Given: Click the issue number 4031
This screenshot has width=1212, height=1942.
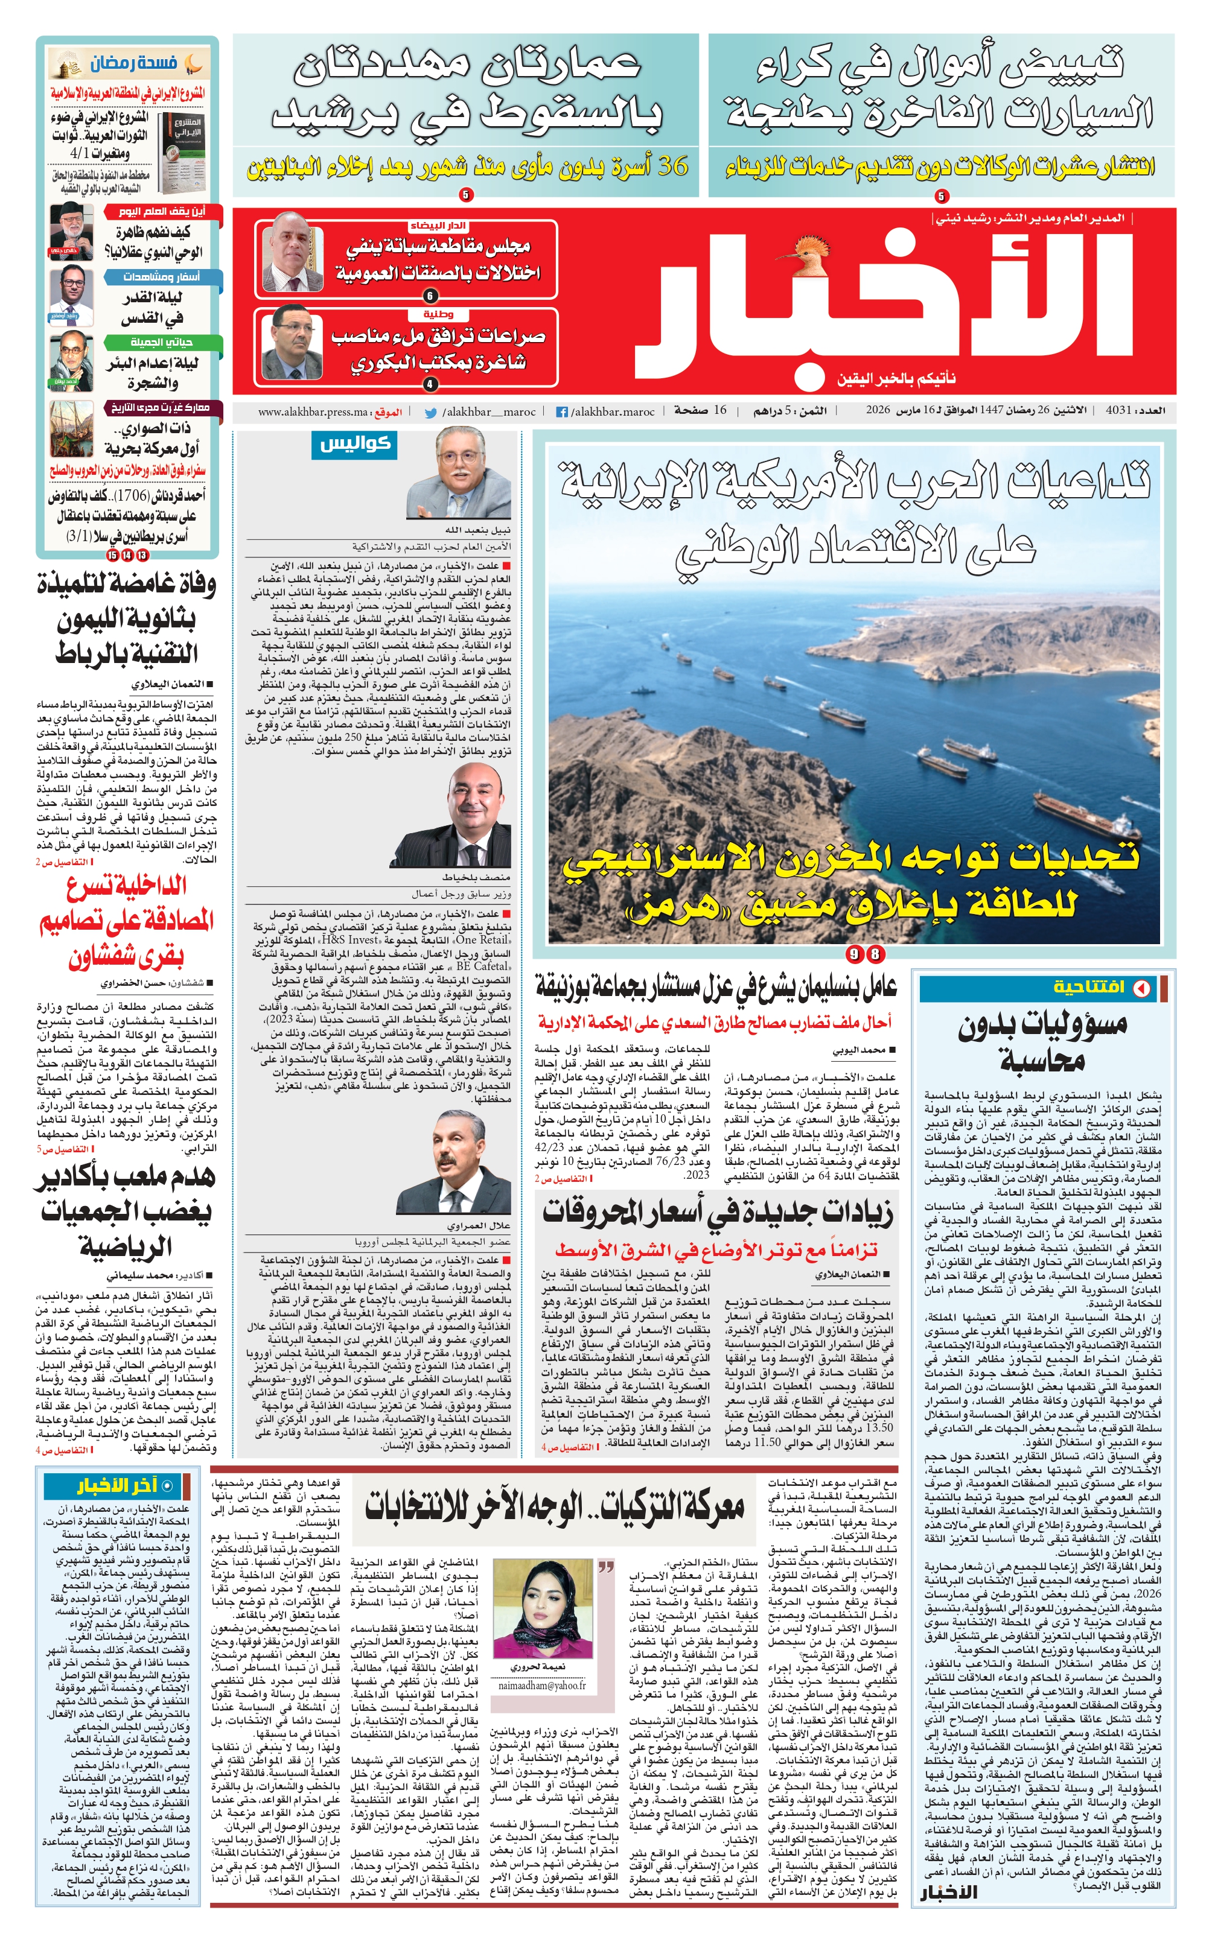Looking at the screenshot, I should [1117, 410].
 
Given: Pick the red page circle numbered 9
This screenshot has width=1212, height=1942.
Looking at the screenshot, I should [856, 954].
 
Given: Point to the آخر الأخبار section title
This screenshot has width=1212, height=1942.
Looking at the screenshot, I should [117, 1488].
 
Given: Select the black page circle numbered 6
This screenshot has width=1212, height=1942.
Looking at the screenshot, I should [430, 296].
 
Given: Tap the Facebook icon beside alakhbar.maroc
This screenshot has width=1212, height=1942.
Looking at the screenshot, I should [563, 412].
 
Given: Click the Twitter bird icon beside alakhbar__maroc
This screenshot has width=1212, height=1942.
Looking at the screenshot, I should [430, 413].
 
